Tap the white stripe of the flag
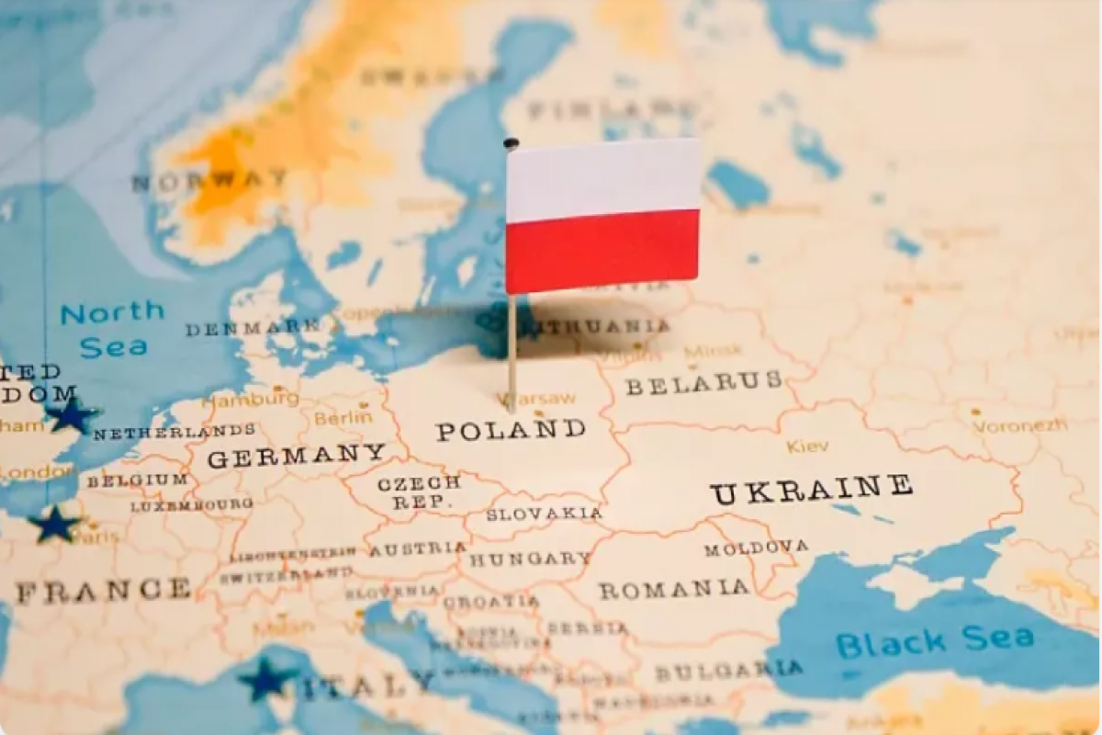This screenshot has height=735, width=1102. [602, 179]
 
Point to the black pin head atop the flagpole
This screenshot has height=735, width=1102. [512, 143]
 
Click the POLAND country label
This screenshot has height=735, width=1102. [511, 430]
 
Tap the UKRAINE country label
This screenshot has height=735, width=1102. [811, 490]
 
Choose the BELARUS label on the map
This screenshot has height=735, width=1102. [703, 382]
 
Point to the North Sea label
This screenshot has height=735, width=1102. [112, 329]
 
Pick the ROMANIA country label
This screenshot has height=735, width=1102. [674, 589]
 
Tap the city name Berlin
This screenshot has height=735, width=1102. [343, 417]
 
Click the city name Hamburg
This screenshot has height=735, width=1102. [251, 400]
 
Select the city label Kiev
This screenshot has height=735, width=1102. [807, 447]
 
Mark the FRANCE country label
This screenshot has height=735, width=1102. [103, 591]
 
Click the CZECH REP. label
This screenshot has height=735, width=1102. [418, 492]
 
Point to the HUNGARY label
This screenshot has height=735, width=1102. [530, 559]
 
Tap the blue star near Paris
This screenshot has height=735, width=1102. [54, 525]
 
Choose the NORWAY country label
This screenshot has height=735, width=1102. [209, 181]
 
